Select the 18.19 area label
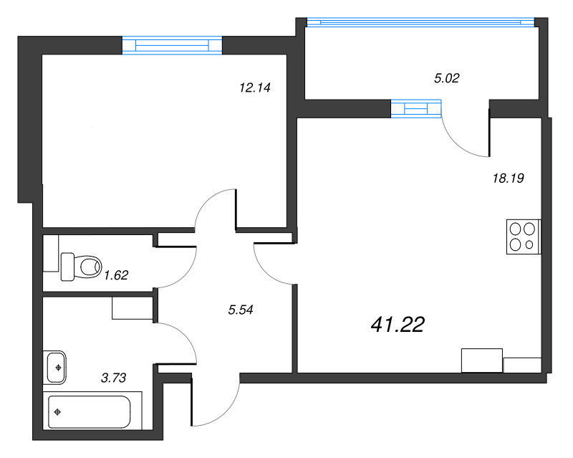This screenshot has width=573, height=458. [509, 179]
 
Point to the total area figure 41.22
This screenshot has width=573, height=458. [398, 325]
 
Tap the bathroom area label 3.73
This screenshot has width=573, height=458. [115, 378]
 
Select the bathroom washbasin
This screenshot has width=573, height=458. [56, 366]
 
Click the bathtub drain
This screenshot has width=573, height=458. [58, 413]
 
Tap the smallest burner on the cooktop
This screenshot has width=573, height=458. [529, 245]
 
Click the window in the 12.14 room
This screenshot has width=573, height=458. [172, 45]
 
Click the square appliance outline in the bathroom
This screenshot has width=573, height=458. [131, 308]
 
